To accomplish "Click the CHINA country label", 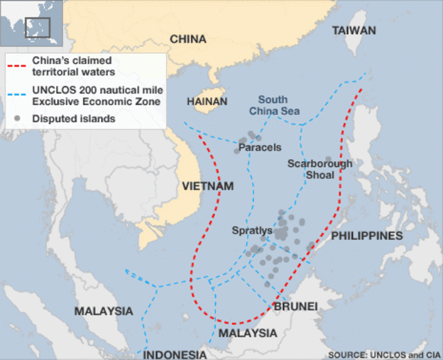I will pyautogui.click(x=188, y=38).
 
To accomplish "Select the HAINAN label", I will pyautogui.click(x=207, y=102).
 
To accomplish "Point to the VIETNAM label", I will pyautogui.click(x=207, y=186).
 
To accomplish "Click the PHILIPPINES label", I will pyautogui.click(x=367, y=235).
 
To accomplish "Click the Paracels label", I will pyautogui.click(x=260, y=148).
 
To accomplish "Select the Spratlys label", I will pyautogui.click(x=252, y=231).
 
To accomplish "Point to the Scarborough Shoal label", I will pyautogui.click(x=319, y=169).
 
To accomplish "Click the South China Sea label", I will pyautogui.click(x=273, y=105).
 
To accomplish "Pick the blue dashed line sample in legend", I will pyautogui.click(x=18, y=91).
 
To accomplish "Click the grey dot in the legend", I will pyautogui.click(x=18, y=118).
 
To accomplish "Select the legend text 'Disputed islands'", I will pyautogui.click(x=74, y=119).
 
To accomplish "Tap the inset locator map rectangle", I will pyautogui.click(x=38, y=26).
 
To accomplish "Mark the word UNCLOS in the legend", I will pyautogui.click(x=50, y=90).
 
